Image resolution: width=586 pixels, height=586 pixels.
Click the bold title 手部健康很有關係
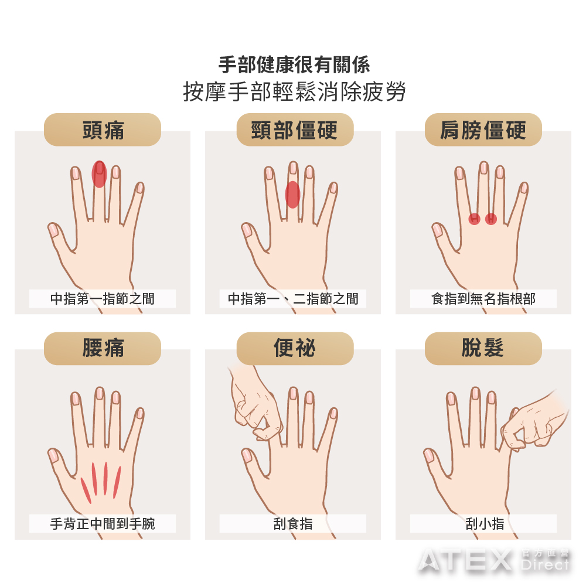tap(294, 64)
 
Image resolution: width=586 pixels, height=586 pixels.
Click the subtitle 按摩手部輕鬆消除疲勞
tap(294, 93)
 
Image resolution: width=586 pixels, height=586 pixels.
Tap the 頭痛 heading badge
tap(103, 130)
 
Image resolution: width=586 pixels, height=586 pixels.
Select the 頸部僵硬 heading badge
tap(295, 130)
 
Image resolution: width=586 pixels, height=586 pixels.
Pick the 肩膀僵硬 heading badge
tap(483, 130)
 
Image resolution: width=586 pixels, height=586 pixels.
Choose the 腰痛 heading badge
tap(103, 348)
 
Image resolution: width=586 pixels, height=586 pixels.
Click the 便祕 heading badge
tap(295, 348)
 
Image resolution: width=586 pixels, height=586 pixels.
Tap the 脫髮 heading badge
tap(483, 348)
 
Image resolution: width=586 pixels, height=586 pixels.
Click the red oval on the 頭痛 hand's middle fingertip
tap(99, 174)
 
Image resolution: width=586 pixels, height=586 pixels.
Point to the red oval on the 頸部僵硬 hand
tap(292, 195)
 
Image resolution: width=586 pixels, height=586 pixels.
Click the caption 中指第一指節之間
tap(103, 299)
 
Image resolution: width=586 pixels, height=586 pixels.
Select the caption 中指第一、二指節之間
tap(293, 299)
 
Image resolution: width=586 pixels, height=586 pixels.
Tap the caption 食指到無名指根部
tap(483, 299)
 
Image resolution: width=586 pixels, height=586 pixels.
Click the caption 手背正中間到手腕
tap(103, 523)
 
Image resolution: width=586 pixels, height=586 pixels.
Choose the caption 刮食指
tap(293, 523)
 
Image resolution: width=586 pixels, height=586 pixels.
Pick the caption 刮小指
tap(483, 523)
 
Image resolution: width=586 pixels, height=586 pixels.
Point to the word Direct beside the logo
tap(545, 565)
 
